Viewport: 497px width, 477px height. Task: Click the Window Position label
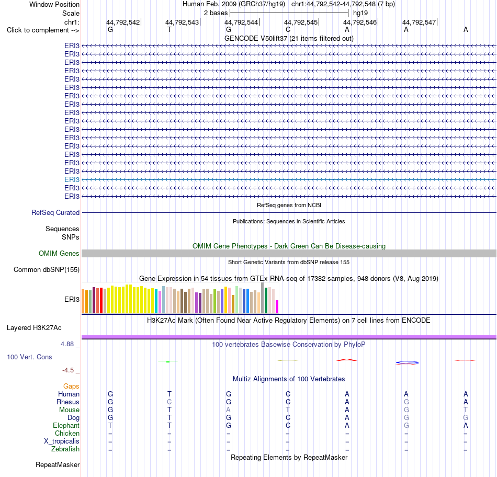point(54,4)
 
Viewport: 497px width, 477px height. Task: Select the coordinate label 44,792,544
point(241,22)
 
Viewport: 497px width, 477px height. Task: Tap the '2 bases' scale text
point(216,13)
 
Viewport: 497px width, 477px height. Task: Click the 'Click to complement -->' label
point(43,30)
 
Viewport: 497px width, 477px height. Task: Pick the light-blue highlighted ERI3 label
point(72,180)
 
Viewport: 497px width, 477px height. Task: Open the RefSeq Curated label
point(55,213)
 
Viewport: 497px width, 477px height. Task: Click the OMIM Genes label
point(59,254)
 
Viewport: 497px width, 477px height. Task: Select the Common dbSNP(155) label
point(46,270)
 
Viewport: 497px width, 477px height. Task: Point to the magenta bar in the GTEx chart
point(277,307)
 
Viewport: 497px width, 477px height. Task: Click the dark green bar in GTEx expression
point(266,300)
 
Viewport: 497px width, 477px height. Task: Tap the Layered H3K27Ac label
point(34,328)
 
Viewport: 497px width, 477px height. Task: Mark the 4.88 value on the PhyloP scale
point(67,344)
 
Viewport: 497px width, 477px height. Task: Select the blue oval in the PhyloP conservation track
point(407,362)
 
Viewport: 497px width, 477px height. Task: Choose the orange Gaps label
point(71,387)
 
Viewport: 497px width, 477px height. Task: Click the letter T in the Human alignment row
point(170,394)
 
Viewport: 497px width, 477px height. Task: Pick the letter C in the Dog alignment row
point(288,418)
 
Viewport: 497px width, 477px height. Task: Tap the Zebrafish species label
point(65,449)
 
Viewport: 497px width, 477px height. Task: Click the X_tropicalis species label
point(62,441)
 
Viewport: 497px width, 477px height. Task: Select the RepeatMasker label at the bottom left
point(58,465)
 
